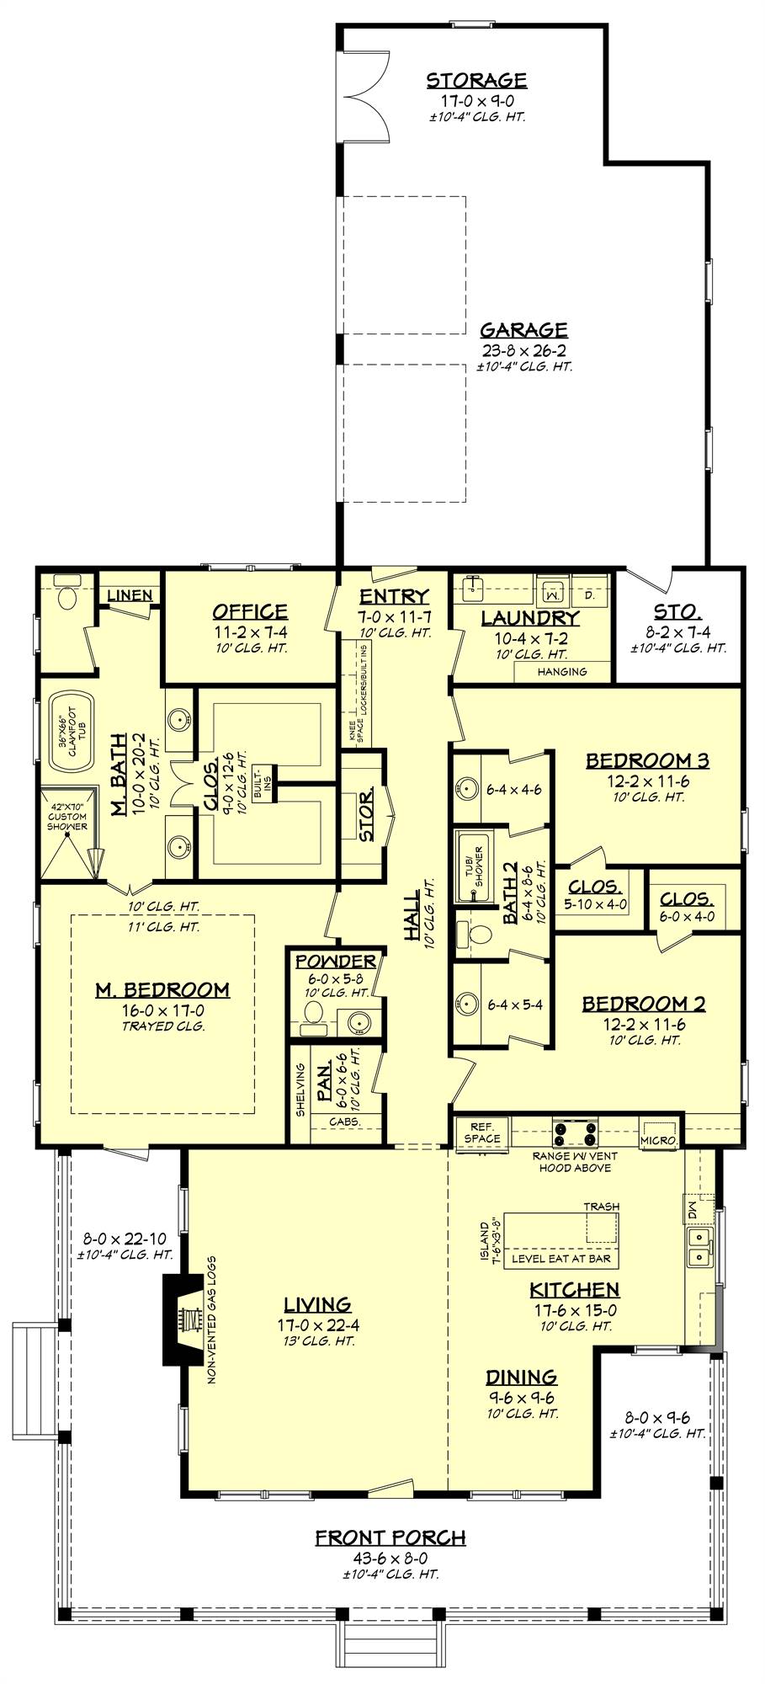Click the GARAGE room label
[x=523, y=330]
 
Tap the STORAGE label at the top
[x=476, y=81]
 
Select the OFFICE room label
[x=249, y=612]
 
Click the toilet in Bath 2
[x=476, y=935]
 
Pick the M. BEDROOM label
[x=162, y=990]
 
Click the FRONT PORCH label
[x=390, y=1538]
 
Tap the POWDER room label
[x=335, y=962]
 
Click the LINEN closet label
[x=130, y=595]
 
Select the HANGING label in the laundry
[x=562, y=671]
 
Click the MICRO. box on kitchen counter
[x=658, y=1138]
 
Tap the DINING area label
[x=521, y=1378]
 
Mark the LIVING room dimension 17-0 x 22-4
[x=316, y=1324]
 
